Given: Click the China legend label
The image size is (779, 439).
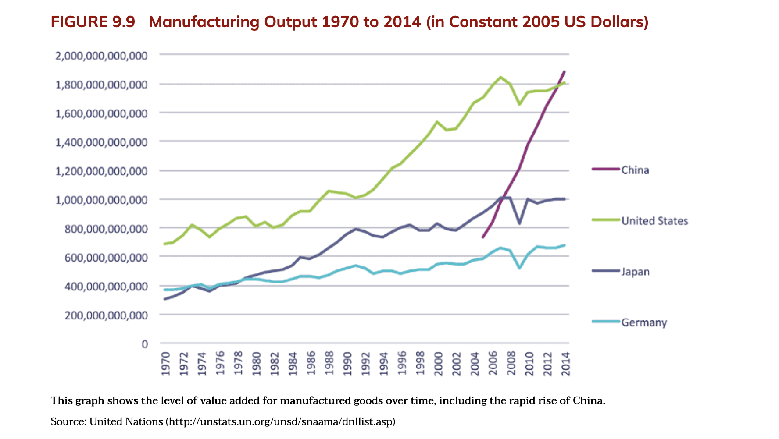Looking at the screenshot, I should (x=635, y=170).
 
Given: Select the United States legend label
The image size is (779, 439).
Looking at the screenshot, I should (x=654, y=221).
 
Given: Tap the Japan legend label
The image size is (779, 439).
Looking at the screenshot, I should (x=635, y=272).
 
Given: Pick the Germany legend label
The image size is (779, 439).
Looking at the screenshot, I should (x=644, y=322).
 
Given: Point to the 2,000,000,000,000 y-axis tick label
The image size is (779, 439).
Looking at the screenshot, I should (x=101, y=56).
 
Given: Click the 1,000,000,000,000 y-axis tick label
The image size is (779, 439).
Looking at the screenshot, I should (x=101, y=200).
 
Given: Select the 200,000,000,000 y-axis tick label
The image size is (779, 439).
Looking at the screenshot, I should (x=106, y=315).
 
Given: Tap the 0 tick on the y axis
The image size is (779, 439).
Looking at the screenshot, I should (x=144, y=344).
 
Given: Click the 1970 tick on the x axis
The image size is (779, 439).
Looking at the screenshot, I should (x=165, y=364).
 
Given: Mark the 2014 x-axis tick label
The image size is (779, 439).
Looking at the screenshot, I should (x=566, y=364).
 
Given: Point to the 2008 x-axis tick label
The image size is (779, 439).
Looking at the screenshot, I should (x=511, y=364).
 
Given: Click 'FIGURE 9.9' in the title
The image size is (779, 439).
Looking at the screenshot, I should (x=93, y=22).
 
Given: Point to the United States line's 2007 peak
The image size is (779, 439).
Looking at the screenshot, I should (x=500, y=77).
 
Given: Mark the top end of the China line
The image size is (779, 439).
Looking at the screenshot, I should (x=565, y=71).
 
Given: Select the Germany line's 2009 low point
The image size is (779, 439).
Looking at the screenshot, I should (x=519, y=268).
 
